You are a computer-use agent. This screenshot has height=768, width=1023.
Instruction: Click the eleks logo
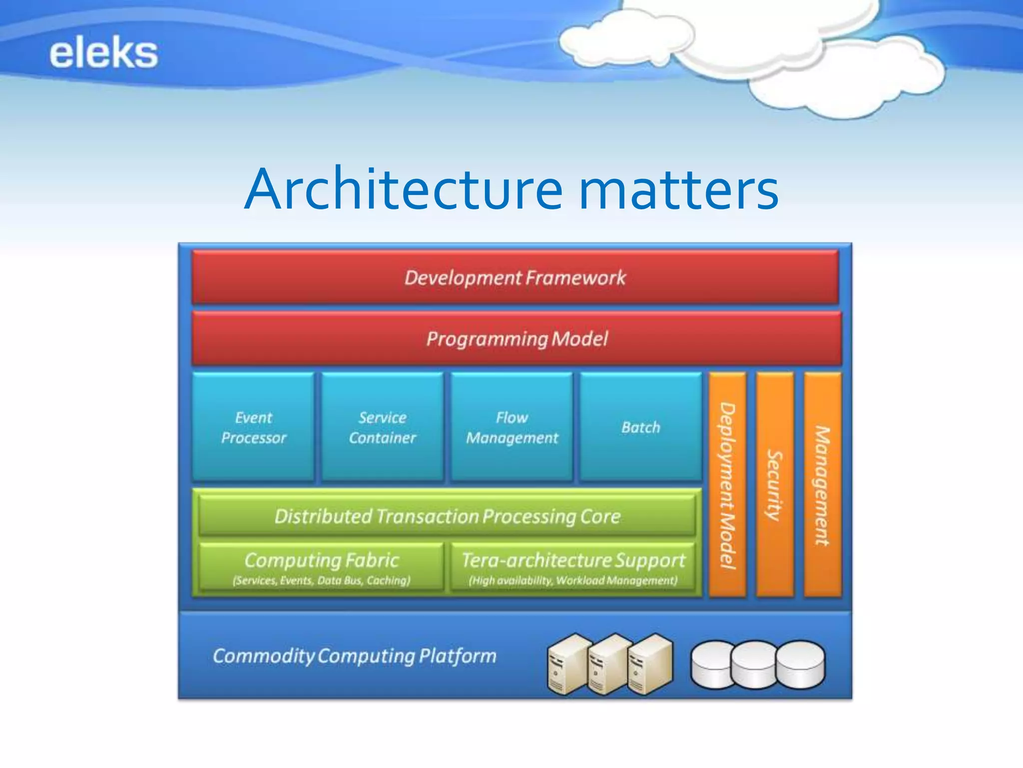[x=103, y=53]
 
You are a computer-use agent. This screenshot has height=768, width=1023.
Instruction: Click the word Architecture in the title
[x=404, y=189]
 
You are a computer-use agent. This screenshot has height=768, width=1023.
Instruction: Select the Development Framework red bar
[x=514, y=277]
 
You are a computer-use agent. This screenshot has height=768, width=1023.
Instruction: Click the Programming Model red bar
[x=516, y=338]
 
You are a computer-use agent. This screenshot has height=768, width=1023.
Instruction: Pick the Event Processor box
[x=253, y=427]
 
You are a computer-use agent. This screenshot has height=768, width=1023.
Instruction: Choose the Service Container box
[x=382, y=427]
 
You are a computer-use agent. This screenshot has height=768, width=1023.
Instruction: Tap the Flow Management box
[x=511, y=427]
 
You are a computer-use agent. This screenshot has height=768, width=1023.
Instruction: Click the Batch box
[x=640, y=427]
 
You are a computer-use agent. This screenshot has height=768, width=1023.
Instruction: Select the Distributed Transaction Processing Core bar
[x=447, y=515]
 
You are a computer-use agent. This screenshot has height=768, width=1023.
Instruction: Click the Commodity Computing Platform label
[x=354, y=655]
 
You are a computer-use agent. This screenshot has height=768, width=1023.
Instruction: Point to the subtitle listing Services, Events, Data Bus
[x=321, y=580]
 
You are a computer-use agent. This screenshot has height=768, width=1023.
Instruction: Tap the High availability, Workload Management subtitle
[x=573, y=580]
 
